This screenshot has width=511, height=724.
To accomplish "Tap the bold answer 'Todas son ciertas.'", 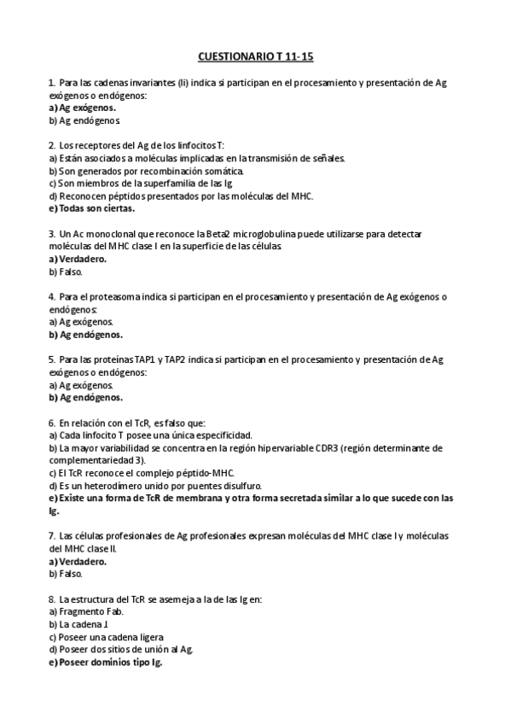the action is [x=96, y=207].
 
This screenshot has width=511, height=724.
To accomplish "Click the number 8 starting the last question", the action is [x=51, y=599].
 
